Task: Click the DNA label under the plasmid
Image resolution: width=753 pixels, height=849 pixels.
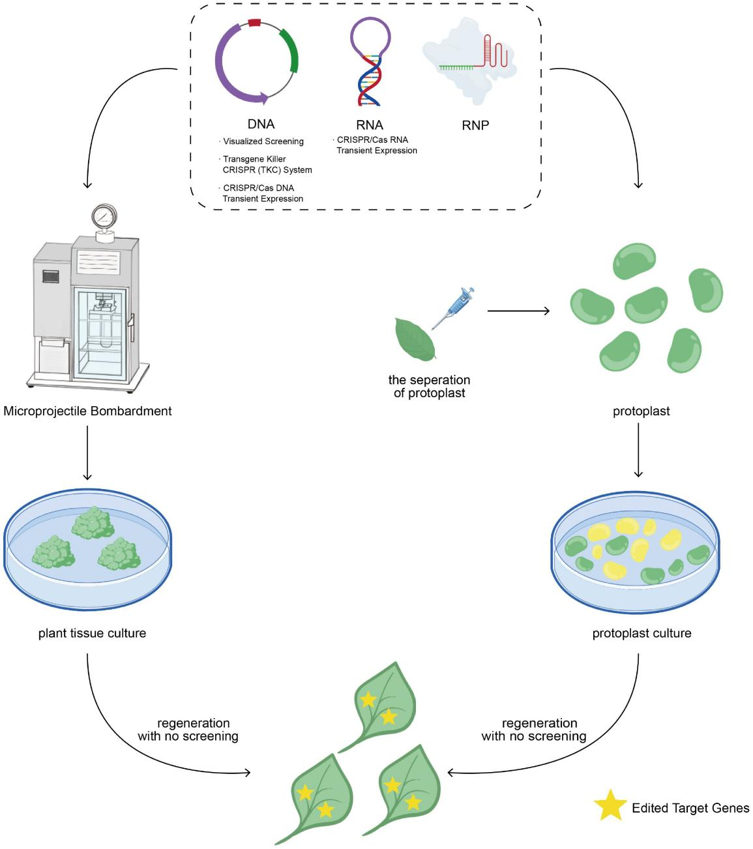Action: click(x=261, y=124)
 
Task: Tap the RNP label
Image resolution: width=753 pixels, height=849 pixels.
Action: click(x=475, y=125)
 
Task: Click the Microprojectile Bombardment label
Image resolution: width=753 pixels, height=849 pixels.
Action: click(x=87, y=411)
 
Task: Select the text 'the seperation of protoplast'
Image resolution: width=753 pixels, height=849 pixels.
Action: click(x=429, y=386)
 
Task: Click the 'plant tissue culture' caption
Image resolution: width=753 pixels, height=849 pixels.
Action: click(x=92, y=633)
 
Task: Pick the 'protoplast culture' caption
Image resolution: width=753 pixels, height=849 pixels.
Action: click(x=642, y=633)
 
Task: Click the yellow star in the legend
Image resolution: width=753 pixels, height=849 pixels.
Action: click(x=609, y=806)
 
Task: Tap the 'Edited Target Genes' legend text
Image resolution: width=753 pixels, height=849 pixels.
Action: click(x=690, y=808)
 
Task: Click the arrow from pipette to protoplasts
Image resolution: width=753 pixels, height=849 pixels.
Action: click(x=518, y=311)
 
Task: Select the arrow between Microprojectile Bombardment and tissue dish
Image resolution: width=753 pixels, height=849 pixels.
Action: click(x=87, y=453)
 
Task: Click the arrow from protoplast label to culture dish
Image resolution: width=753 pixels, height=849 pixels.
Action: click(x=639, y=450)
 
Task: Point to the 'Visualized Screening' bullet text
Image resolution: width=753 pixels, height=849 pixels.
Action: click(x=263, y=141)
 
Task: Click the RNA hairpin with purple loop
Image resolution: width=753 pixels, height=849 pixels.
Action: click(x=370, y=62)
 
